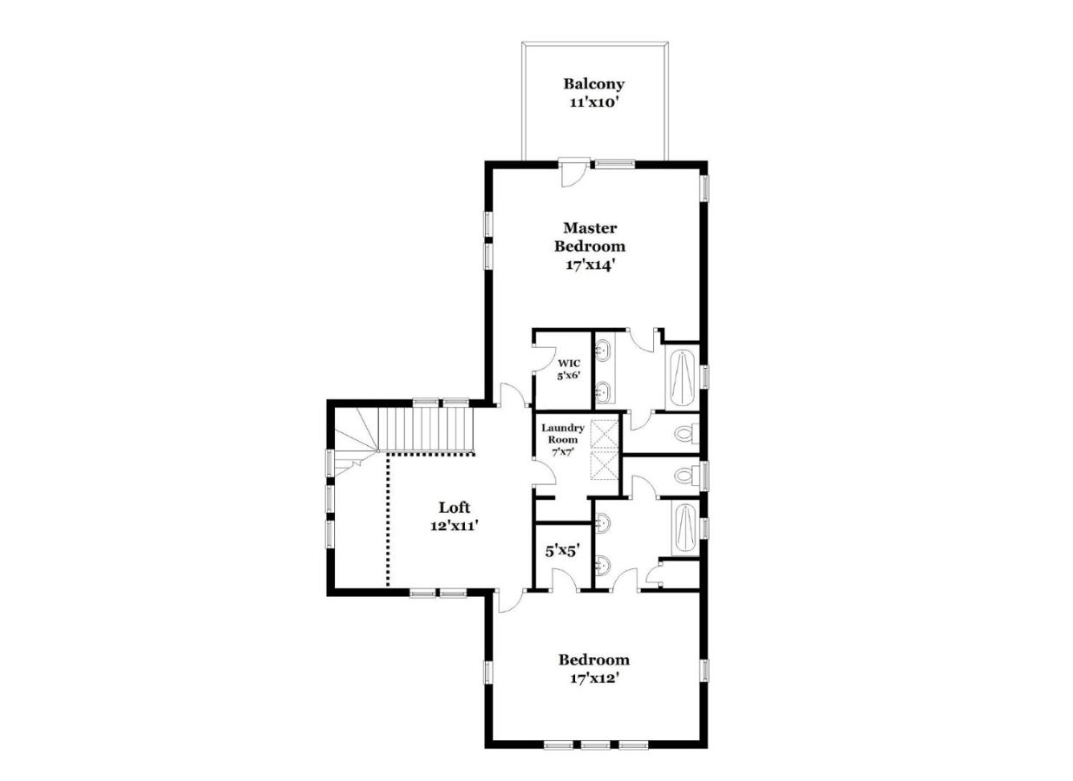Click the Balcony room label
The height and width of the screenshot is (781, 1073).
pos(594,84)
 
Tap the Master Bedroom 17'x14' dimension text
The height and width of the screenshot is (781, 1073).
pos(590,265)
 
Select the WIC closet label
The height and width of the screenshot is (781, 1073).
pos(568,364)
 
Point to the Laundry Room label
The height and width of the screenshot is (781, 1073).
pos(563,434)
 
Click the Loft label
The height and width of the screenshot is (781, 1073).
pos(455,508)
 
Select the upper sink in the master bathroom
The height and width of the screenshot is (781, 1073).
pos(603,350)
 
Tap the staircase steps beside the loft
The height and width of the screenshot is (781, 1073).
pos(425,429)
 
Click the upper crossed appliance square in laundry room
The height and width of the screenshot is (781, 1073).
pos(605,434)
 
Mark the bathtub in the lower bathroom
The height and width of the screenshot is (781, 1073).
pos(685,528)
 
